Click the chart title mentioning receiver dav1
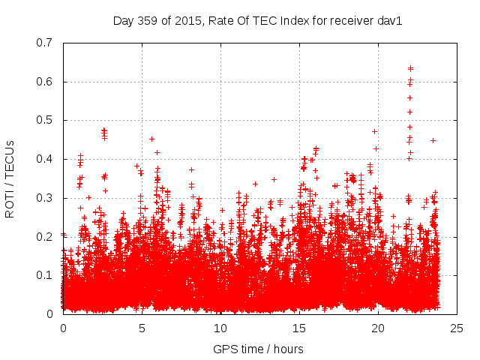(x=258, y=21)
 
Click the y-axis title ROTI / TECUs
(x=10, y=178)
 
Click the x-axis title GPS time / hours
(x=258, y=349)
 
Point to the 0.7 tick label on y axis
(x=46, y=43)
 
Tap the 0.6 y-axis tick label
(x=46, y=82)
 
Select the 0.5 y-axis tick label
(x=46, y=120)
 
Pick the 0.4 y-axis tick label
(x=46, y=159)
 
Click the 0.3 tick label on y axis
(x=46, y=198)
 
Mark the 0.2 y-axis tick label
(x=46, y=236)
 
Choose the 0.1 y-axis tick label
(x=46, y=275)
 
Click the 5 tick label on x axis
(x=142, y=328)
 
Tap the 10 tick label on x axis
(x=220, y=328)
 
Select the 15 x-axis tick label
(x=299, y=328)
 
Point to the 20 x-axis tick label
(x=378, y=328)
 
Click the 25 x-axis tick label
(x=457, y=328)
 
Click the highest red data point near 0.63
(x=410, y=68)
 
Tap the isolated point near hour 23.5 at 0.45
(x=433, y=140)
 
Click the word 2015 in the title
(x=182, y=21)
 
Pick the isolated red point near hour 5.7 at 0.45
(x=151, y=139)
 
